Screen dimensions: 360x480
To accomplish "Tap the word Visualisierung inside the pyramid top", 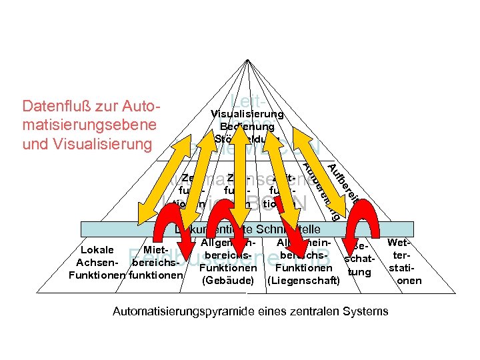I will coord(247,114).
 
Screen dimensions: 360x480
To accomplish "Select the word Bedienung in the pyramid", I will coord(247,127).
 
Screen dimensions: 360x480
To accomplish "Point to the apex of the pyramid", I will coord(247,59).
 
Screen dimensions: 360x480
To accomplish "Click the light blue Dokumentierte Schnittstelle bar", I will coord(247,229).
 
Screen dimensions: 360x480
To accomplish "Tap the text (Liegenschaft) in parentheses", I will coord(303,281).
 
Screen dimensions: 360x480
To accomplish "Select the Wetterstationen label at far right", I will coord(403,261).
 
